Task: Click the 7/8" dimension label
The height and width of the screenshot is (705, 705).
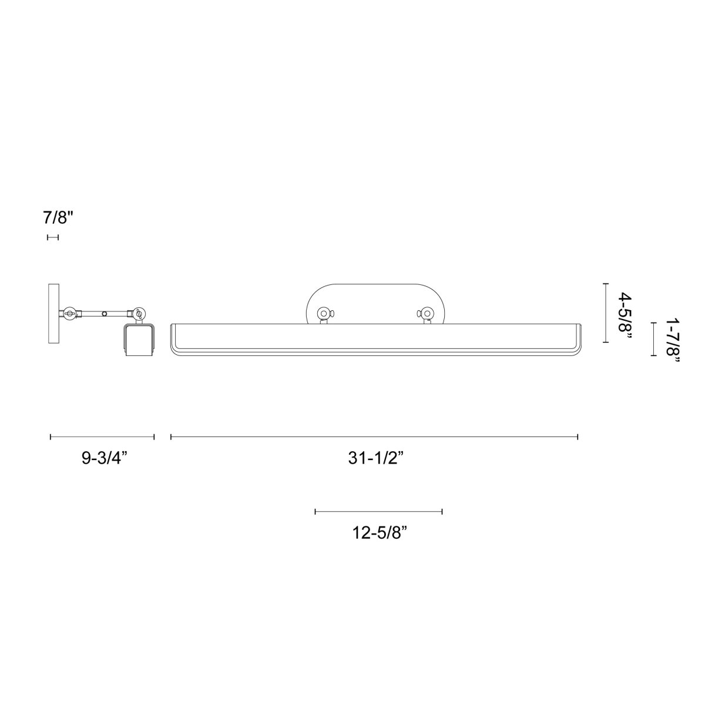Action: tap(58, 219)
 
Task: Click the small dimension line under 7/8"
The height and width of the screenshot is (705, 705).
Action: tap(53, 237)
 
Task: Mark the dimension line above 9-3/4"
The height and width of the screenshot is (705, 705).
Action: tap(102, 437)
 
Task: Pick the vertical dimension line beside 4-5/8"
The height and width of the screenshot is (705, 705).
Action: tap(605, 313)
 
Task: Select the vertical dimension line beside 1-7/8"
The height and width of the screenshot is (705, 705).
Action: tap(653, 339)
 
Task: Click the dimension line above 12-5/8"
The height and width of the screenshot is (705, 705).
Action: tap(378, 512)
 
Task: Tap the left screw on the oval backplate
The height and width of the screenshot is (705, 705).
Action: tap(323, 314)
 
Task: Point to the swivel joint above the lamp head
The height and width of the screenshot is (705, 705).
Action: tap(139, 314)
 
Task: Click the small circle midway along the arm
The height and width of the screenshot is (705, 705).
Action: tap(105, 314)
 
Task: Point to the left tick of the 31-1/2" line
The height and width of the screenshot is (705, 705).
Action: tap(171, 437)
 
